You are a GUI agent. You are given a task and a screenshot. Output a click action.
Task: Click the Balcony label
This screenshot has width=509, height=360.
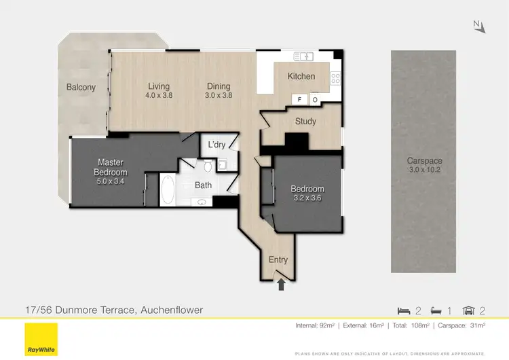(x=81, y=87)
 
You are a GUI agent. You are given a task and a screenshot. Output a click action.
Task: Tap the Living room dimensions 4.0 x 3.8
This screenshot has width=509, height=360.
(x=159, y=96)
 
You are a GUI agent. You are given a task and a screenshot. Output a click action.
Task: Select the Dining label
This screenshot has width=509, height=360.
(x=219, y=86)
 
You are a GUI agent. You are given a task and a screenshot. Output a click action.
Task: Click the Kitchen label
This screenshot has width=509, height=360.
(x=301, y=76)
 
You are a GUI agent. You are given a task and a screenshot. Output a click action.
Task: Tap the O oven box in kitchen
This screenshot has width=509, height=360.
(x=315, y=100)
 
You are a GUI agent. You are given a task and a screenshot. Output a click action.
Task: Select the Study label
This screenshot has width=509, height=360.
(x=306, y=122)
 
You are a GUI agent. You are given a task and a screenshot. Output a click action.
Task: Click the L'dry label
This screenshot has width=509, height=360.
(x=216, y=145)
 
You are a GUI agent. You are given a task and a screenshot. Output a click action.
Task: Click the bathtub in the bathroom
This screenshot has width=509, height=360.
(x=168, y=190)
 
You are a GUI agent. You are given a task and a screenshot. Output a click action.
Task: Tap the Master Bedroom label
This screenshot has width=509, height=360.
(x=110, y=167)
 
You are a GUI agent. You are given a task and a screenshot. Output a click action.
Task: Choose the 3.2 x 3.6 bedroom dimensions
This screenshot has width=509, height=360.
(x=307, y=198)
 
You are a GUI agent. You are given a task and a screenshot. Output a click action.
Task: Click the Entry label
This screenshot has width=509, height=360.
(x=278, y=259)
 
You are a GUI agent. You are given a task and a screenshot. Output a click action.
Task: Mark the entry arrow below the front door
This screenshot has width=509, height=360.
(x=281, y=287)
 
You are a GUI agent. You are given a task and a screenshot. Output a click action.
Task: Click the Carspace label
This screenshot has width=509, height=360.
(x=425, y=161)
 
